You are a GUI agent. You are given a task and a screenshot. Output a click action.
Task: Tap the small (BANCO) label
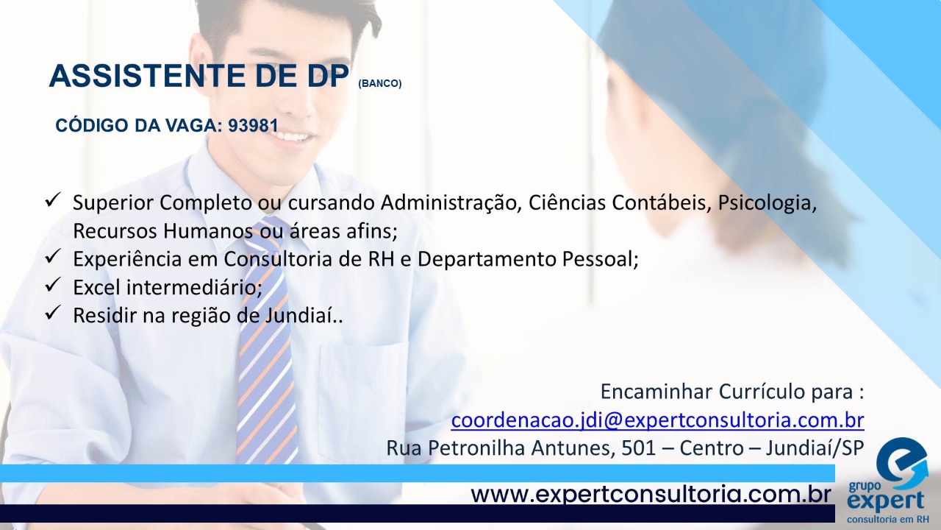380,83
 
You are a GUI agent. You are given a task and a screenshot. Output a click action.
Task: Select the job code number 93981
254,125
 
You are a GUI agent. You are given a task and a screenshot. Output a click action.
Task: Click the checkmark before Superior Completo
53,199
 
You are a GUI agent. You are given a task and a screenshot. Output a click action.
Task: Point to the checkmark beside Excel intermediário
53,285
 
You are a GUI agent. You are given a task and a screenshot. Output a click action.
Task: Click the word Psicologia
767,203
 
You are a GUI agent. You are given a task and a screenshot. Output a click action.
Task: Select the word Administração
451,203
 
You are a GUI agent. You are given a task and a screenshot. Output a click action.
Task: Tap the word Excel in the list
97,287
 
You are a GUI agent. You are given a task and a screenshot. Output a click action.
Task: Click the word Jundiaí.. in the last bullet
304,316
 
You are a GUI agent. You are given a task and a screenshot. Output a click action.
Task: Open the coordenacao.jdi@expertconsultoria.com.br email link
657,420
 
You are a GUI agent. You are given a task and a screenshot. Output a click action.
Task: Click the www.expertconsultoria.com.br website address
651,494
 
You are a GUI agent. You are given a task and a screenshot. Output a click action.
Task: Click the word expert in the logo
886,502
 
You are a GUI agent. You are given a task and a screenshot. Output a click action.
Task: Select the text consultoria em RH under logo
887,520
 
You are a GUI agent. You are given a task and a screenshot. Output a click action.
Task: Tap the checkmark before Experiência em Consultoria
53,256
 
